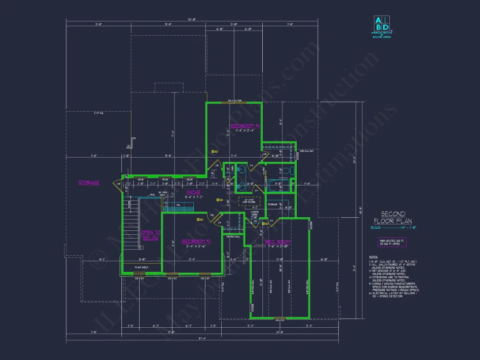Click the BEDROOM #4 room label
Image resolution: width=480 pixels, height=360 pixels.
(x=245, y=126)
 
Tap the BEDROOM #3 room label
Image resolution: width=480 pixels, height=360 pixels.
(x=196, y=241)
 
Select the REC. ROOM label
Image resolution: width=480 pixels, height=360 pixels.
(x=278, y=242)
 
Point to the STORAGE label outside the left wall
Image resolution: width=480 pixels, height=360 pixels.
(x=89, y=182)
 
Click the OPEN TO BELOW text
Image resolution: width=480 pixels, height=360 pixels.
(x=151, y=235)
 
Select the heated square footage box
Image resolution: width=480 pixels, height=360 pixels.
(x=392, y=242)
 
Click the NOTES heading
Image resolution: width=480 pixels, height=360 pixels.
(x=373, y=257)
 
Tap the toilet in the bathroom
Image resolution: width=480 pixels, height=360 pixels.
(x=285, y=171)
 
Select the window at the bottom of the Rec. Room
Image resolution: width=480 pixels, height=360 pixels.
(x=280, y=318)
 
